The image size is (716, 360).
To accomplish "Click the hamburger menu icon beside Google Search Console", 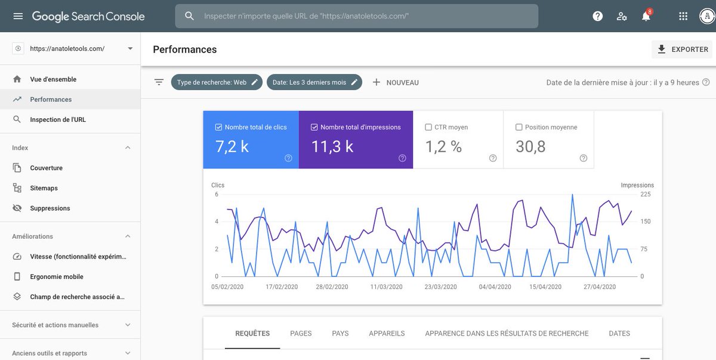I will pos(18,16).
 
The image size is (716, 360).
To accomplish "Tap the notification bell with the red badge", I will pos(646,16).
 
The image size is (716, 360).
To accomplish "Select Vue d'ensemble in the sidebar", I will pos(53,79).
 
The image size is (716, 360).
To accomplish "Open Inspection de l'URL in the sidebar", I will pos(58,119).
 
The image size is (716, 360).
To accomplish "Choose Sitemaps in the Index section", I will pos(44,188).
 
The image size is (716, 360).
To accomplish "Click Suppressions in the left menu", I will pos(50,208).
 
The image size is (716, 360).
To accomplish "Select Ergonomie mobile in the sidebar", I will pos(57,277).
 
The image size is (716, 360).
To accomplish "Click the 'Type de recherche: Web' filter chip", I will pos(216,82).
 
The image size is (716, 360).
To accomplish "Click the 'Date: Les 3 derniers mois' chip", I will pos(314,82).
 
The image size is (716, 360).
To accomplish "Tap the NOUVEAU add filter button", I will pos(396,82).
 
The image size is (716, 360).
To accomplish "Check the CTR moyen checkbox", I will pos(428,127).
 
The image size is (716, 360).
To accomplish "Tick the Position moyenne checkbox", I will pos(519,127).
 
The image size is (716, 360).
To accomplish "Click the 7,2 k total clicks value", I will pos(232,146).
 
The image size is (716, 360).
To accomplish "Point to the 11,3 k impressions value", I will pos(332,146).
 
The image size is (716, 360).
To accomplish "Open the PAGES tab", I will pos(301,334).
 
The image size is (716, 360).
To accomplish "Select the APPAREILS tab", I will pos(387,334).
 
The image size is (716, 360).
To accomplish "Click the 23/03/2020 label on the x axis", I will pos(440,287).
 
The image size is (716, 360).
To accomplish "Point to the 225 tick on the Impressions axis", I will pos(646,195).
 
